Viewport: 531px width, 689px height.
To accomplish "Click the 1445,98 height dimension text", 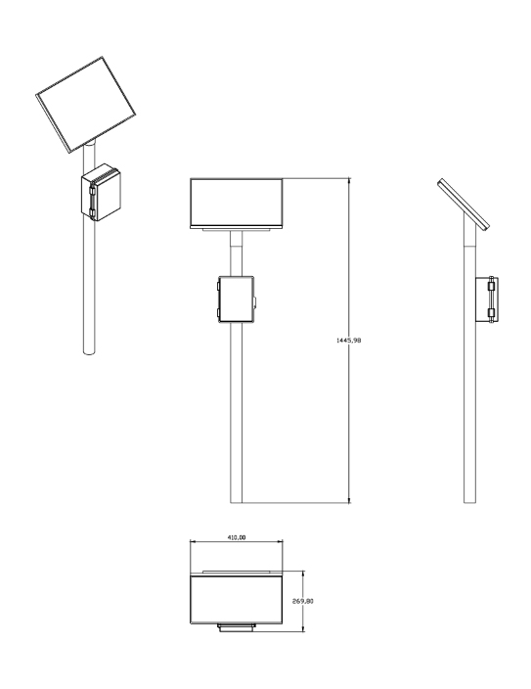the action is (348, 341).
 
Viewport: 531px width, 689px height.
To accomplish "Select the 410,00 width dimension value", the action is (237, 537).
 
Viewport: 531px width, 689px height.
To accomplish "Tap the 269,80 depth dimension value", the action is (303, 601).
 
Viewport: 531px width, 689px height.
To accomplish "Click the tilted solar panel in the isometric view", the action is (86, 105).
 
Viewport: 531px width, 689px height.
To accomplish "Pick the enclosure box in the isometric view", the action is (101, 192).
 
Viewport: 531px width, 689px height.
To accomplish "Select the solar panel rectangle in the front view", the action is (237, 203).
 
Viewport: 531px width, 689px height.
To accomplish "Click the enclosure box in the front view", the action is (237, 299).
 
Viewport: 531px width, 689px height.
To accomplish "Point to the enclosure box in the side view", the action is (487, 299).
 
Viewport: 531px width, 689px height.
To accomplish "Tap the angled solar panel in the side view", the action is (464, 205).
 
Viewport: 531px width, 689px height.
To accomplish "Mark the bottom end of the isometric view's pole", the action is (89, 352).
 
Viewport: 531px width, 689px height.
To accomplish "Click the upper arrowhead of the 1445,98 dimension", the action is (349, 181).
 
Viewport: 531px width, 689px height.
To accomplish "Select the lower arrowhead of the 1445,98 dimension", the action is (349, 500).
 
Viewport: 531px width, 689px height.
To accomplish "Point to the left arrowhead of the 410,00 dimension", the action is (193, 541).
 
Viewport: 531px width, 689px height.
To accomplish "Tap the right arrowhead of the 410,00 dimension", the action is (281, 541).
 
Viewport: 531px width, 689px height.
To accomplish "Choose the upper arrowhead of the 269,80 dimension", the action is (303, 574).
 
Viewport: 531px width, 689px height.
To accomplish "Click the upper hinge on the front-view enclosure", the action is (219, 286).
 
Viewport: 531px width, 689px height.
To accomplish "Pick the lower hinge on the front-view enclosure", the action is (219, 313).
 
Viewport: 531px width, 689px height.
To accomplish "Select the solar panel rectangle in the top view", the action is (237, 599).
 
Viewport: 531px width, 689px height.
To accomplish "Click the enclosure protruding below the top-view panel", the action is (237, 627).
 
